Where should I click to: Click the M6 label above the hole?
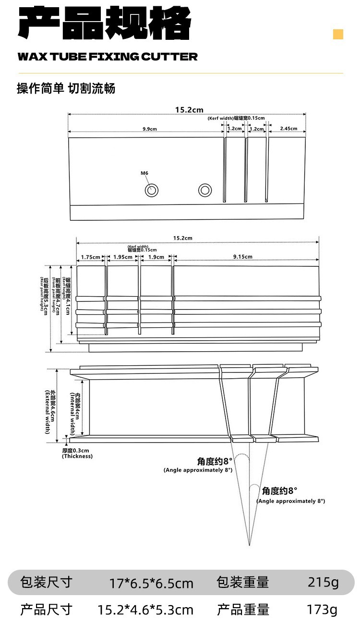[x=144, y=173]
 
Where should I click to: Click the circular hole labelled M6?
[x=152, y=190]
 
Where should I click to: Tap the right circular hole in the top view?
[x=205, y=190]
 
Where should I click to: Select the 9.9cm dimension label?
[x=150, y=129]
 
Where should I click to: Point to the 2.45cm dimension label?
[x=288, y=129]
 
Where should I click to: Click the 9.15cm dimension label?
[x=243, y=257]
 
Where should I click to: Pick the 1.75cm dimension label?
[x=90, y=257]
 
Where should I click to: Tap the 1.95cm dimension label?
[x=122, y=257]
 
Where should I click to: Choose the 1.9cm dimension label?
[x=156, y=257]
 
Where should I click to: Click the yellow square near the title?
[x=338, y=34]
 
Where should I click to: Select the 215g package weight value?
[x=323, y=582]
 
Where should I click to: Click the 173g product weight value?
[x=322, y=610]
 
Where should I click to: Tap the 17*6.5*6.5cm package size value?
[x=151, y=583]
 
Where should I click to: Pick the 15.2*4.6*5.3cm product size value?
[x=145, y=610]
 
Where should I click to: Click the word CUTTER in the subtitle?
[x=169, y=57]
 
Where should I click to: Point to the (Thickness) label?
[x=77, y=456]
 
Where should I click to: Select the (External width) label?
[x=48, y=412]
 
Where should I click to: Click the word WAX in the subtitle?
[x=31, y=57]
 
